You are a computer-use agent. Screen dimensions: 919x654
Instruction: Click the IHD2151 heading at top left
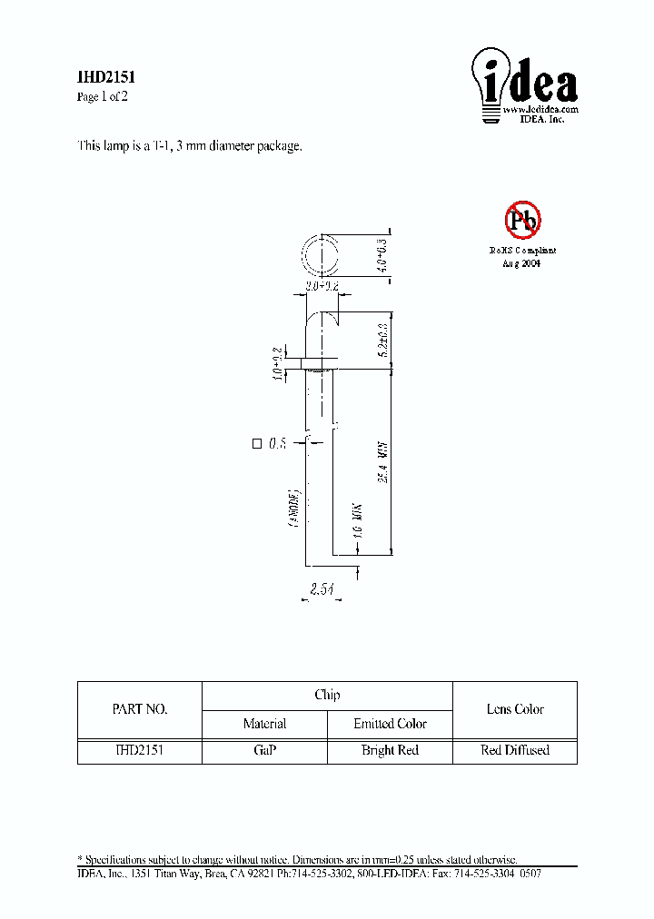pyautogui.click(x=105, y=79)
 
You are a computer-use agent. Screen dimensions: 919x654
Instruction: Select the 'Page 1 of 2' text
pyautogui.click(x=102, y=97)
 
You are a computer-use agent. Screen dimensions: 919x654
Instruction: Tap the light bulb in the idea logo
pyautogui.click(x=490, y=83)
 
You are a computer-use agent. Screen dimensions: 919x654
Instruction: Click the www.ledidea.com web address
pyautogui.click(x=540, y=109)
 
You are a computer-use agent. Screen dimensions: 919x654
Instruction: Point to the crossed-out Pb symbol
pyautogui.click(x=522, y=220)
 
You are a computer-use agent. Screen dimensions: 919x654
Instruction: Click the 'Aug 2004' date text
pyautogui.click(x=522, y=262)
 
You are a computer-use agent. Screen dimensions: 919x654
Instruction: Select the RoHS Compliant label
pyautogui.click(x=522, y=250)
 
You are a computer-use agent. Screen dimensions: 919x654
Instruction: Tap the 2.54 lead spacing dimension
pyautogui.click(x=322, y=590)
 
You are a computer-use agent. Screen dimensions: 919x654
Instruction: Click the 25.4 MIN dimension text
pyautogui.click(x=383, y=463)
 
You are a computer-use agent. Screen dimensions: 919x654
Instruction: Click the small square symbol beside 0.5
pyautogui.click(x=256, y=444)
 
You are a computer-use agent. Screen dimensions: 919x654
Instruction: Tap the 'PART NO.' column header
pyautogui.click(x=139, y=709)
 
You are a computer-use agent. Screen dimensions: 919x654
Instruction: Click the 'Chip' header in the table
pyautogui.click(x=327, y=695)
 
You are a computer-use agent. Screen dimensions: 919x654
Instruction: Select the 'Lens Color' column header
pyautogui.click(x=515, y=709)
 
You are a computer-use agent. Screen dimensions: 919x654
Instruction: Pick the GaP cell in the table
pyautogui.click(x=264, y=750)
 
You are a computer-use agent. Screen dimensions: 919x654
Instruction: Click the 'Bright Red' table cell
pyautogui.click(x=390, y=750)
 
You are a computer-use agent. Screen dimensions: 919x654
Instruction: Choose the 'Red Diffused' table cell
pyautogui.click(x=515, y=750)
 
